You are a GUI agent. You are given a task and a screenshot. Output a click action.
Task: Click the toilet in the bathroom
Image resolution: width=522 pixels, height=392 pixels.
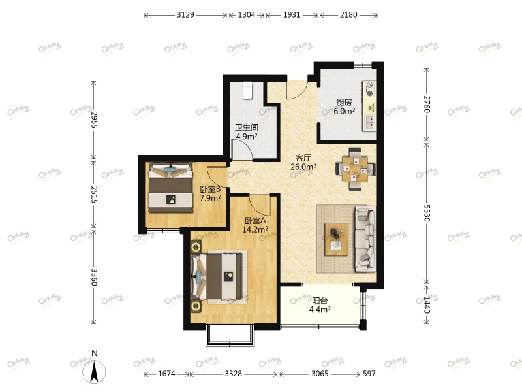tap(247, 90)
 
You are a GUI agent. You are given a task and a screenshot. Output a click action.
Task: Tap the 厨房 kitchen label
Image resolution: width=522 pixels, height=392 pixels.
tap(344, 103)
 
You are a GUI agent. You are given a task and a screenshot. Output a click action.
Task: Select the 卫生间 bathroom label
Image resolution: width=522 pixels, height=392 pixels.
tap(247, 128)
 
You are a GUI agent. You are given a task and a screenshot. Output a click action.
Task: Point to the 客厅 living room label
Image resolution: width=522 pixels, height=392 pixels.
tap(303, 157)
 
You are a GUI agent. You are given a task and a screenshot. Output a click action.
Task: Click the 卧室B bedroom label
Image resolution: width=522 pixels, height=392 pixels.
tap(210, 189)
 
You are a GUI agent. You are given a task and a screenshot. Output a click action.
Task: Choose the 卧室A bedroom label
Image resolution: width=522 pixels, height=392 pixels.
tap(254, 221)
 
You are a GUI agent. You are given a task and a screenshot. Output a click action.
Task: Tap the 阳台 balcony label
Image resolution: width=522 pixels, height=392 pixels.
tap(320, 301)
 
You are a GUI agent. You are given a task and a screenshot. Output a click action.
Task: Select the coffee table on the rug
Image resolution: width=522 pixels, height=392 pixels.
tap(337, 239)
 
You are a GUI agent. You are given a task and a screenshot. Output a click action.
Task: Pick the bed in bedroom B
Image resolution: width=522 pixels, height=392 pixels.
tap(170, 188)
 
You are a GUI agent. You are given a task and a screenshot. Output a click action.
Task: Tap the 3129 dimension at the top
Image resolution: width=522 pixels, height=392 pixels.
tap(186, 14)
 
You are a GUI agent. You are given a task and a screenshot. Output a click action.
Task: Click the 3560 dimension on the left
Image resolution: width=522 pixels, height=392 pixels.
tap(94, 276)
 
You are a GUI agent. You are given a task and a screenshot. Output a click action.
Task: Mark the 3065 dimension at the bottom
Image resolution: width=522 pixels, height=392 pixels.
tap(320, 374)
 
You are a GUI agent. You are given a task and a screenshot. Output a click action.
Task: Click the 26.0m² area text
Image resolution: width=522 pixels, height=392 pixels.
tap(303, 167)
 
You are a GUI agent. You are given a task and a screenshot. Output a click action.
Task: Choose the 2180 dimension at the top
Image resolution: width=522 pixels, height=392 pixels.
tap(348, 14)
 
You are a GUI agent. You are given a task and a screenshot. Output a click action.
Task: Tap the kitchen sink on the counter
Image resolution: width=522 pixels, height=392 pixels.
tap(371, 120)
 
